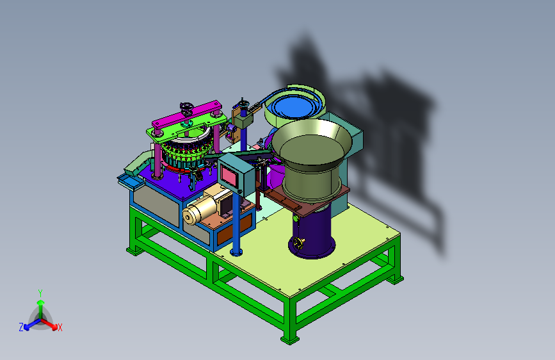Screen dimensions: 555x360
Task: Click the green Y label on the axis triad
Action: coord(40,293)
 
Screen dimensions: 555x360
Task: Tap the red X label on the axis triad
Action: coord(60,327)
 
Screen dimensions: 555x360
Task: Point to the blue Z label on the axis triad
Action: coord(21,327)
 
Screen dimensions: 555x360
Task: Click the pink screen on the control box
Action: coord(229,176)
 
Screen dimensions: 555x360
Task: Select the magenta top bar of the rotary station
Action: coord(187,115)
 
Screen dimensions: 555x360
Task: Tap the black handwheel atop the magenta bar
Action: coord(186,106)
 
